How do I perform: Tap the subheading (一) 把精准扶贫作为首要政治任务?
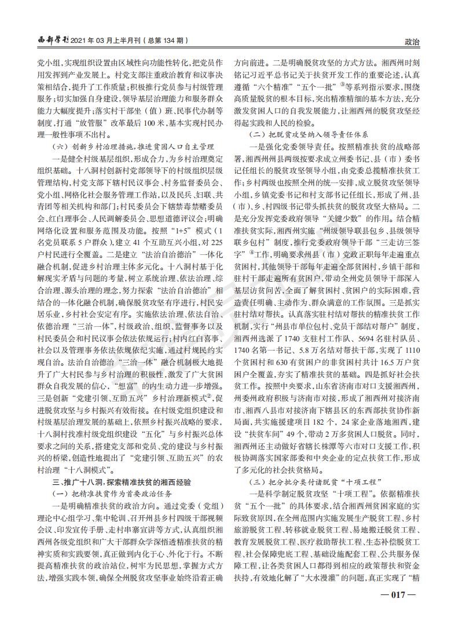click(107, 493)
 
